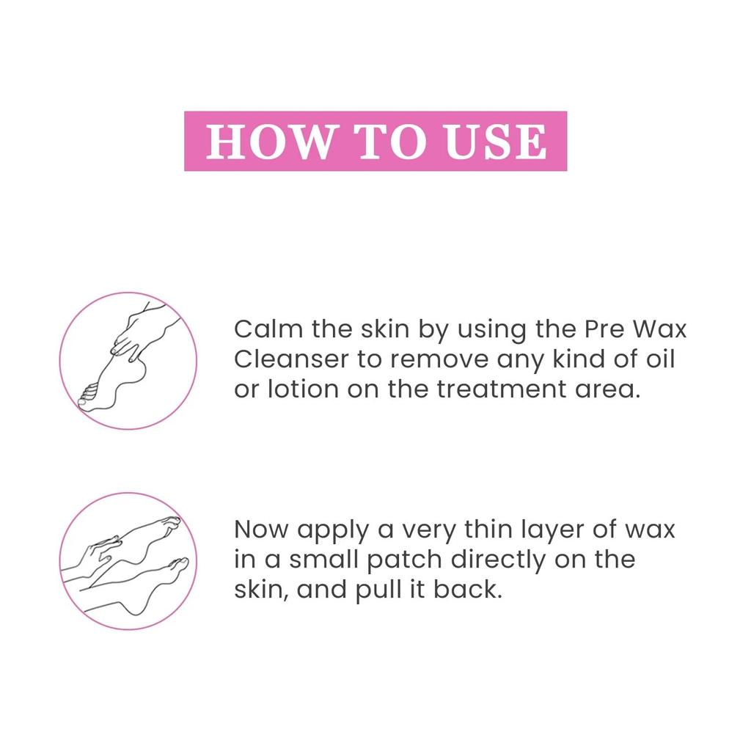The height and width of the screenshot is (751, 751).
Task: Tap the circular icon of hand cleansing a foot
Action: pyautogui.click(x=128, y=361)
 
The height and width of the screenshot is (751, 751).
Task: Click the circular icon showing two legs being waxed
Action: pyautogui.click(x=128, y=561)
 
